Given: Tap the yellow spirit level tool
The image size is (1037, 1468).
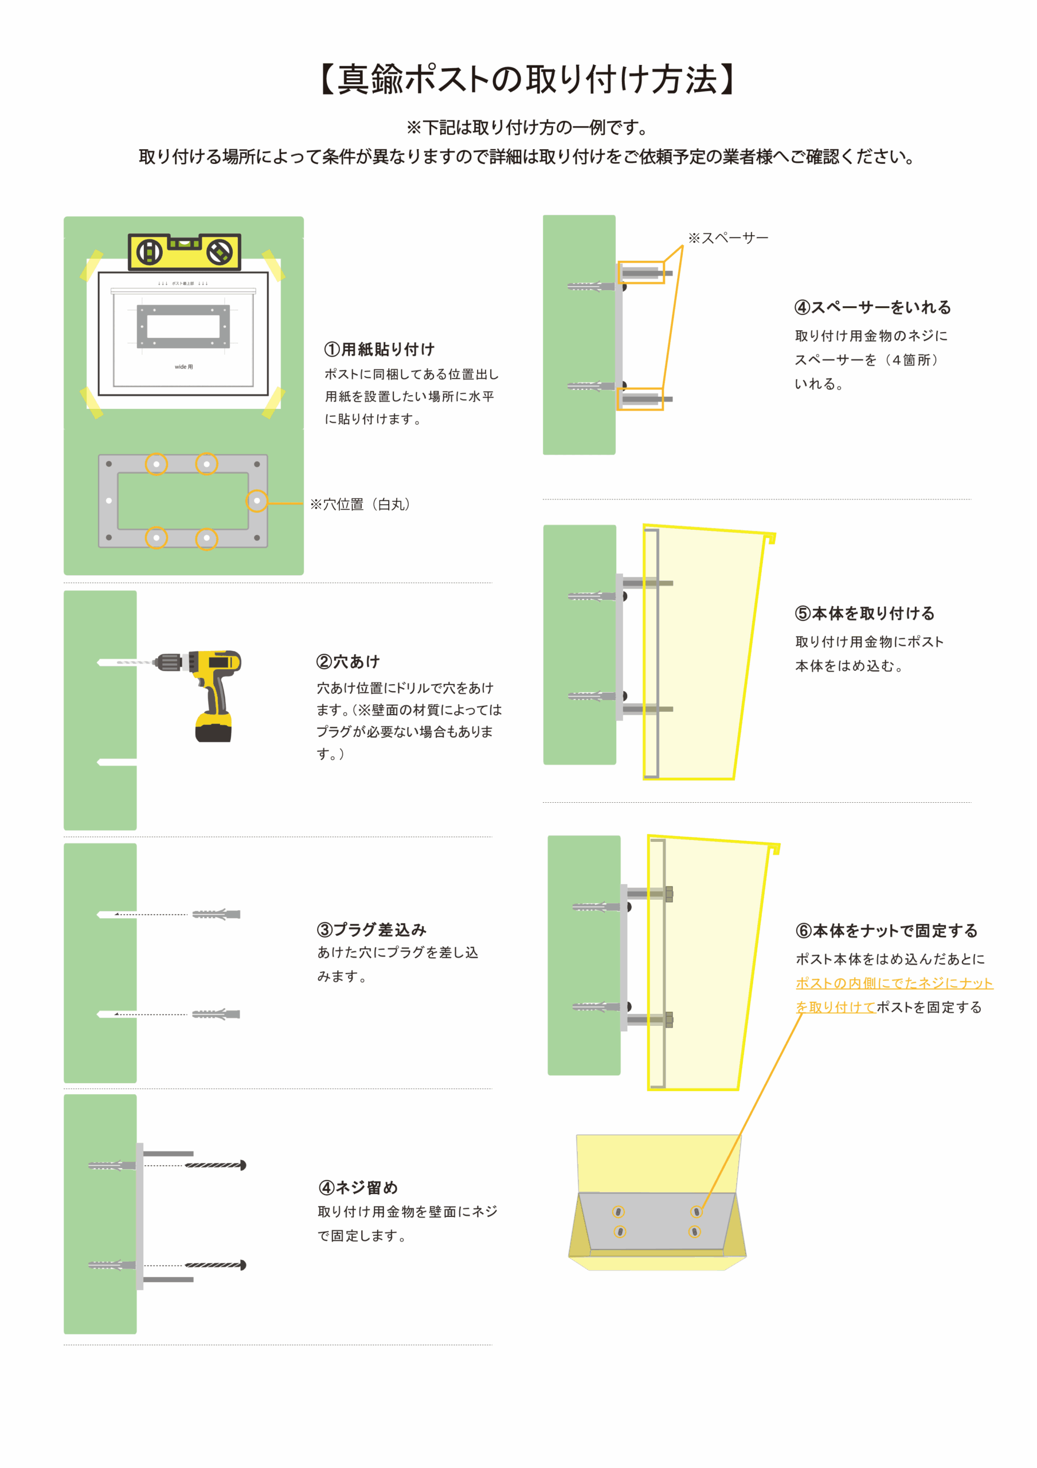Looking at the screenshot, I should click(185, 251).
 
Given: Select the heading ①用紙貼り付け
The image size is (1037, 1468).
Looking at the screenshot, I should click(379, 349).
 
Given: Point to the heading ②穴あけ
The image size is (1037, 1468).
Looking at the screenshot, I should click(349, 661).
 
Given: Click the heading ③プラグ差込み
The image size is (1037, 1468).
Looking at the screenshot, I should click(371, 929).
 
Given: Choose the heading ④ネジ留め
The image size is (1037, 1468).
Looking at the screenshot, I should click(358, 1188).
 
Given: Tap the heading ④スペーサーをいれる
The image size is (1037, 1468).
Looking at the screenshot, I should click(872, 307).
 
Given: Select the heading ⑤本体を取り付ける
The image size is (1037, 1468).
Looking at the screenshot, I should click(864, 613).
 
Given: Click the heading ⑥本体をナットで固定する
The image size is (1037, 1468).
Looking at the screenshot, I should click(886, 930).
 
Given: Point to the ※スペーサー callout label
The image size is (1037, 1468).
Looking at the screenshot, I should click(728, 238).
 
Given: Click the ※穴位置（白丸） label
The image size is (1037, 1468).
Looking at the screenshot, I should click(360, 505).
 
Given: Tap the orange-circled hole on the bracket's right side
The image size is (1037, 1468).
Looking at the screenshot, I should click(257, 501).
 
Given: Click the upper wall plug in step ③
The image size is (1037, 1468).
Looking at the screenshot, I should click(216, 914).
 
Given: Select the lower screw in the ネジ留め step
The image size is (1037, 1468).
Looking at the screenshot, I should click(215, 1264).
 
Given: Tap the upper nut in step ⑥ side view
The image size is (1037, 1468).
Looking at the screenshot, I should click(669, 894).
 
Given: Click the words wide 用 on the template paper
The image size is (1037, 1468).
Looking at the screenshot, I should click(183, 367).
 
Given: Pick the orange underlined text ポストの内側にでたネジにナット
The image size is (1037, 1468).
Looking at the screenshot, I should click(894, 983).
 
